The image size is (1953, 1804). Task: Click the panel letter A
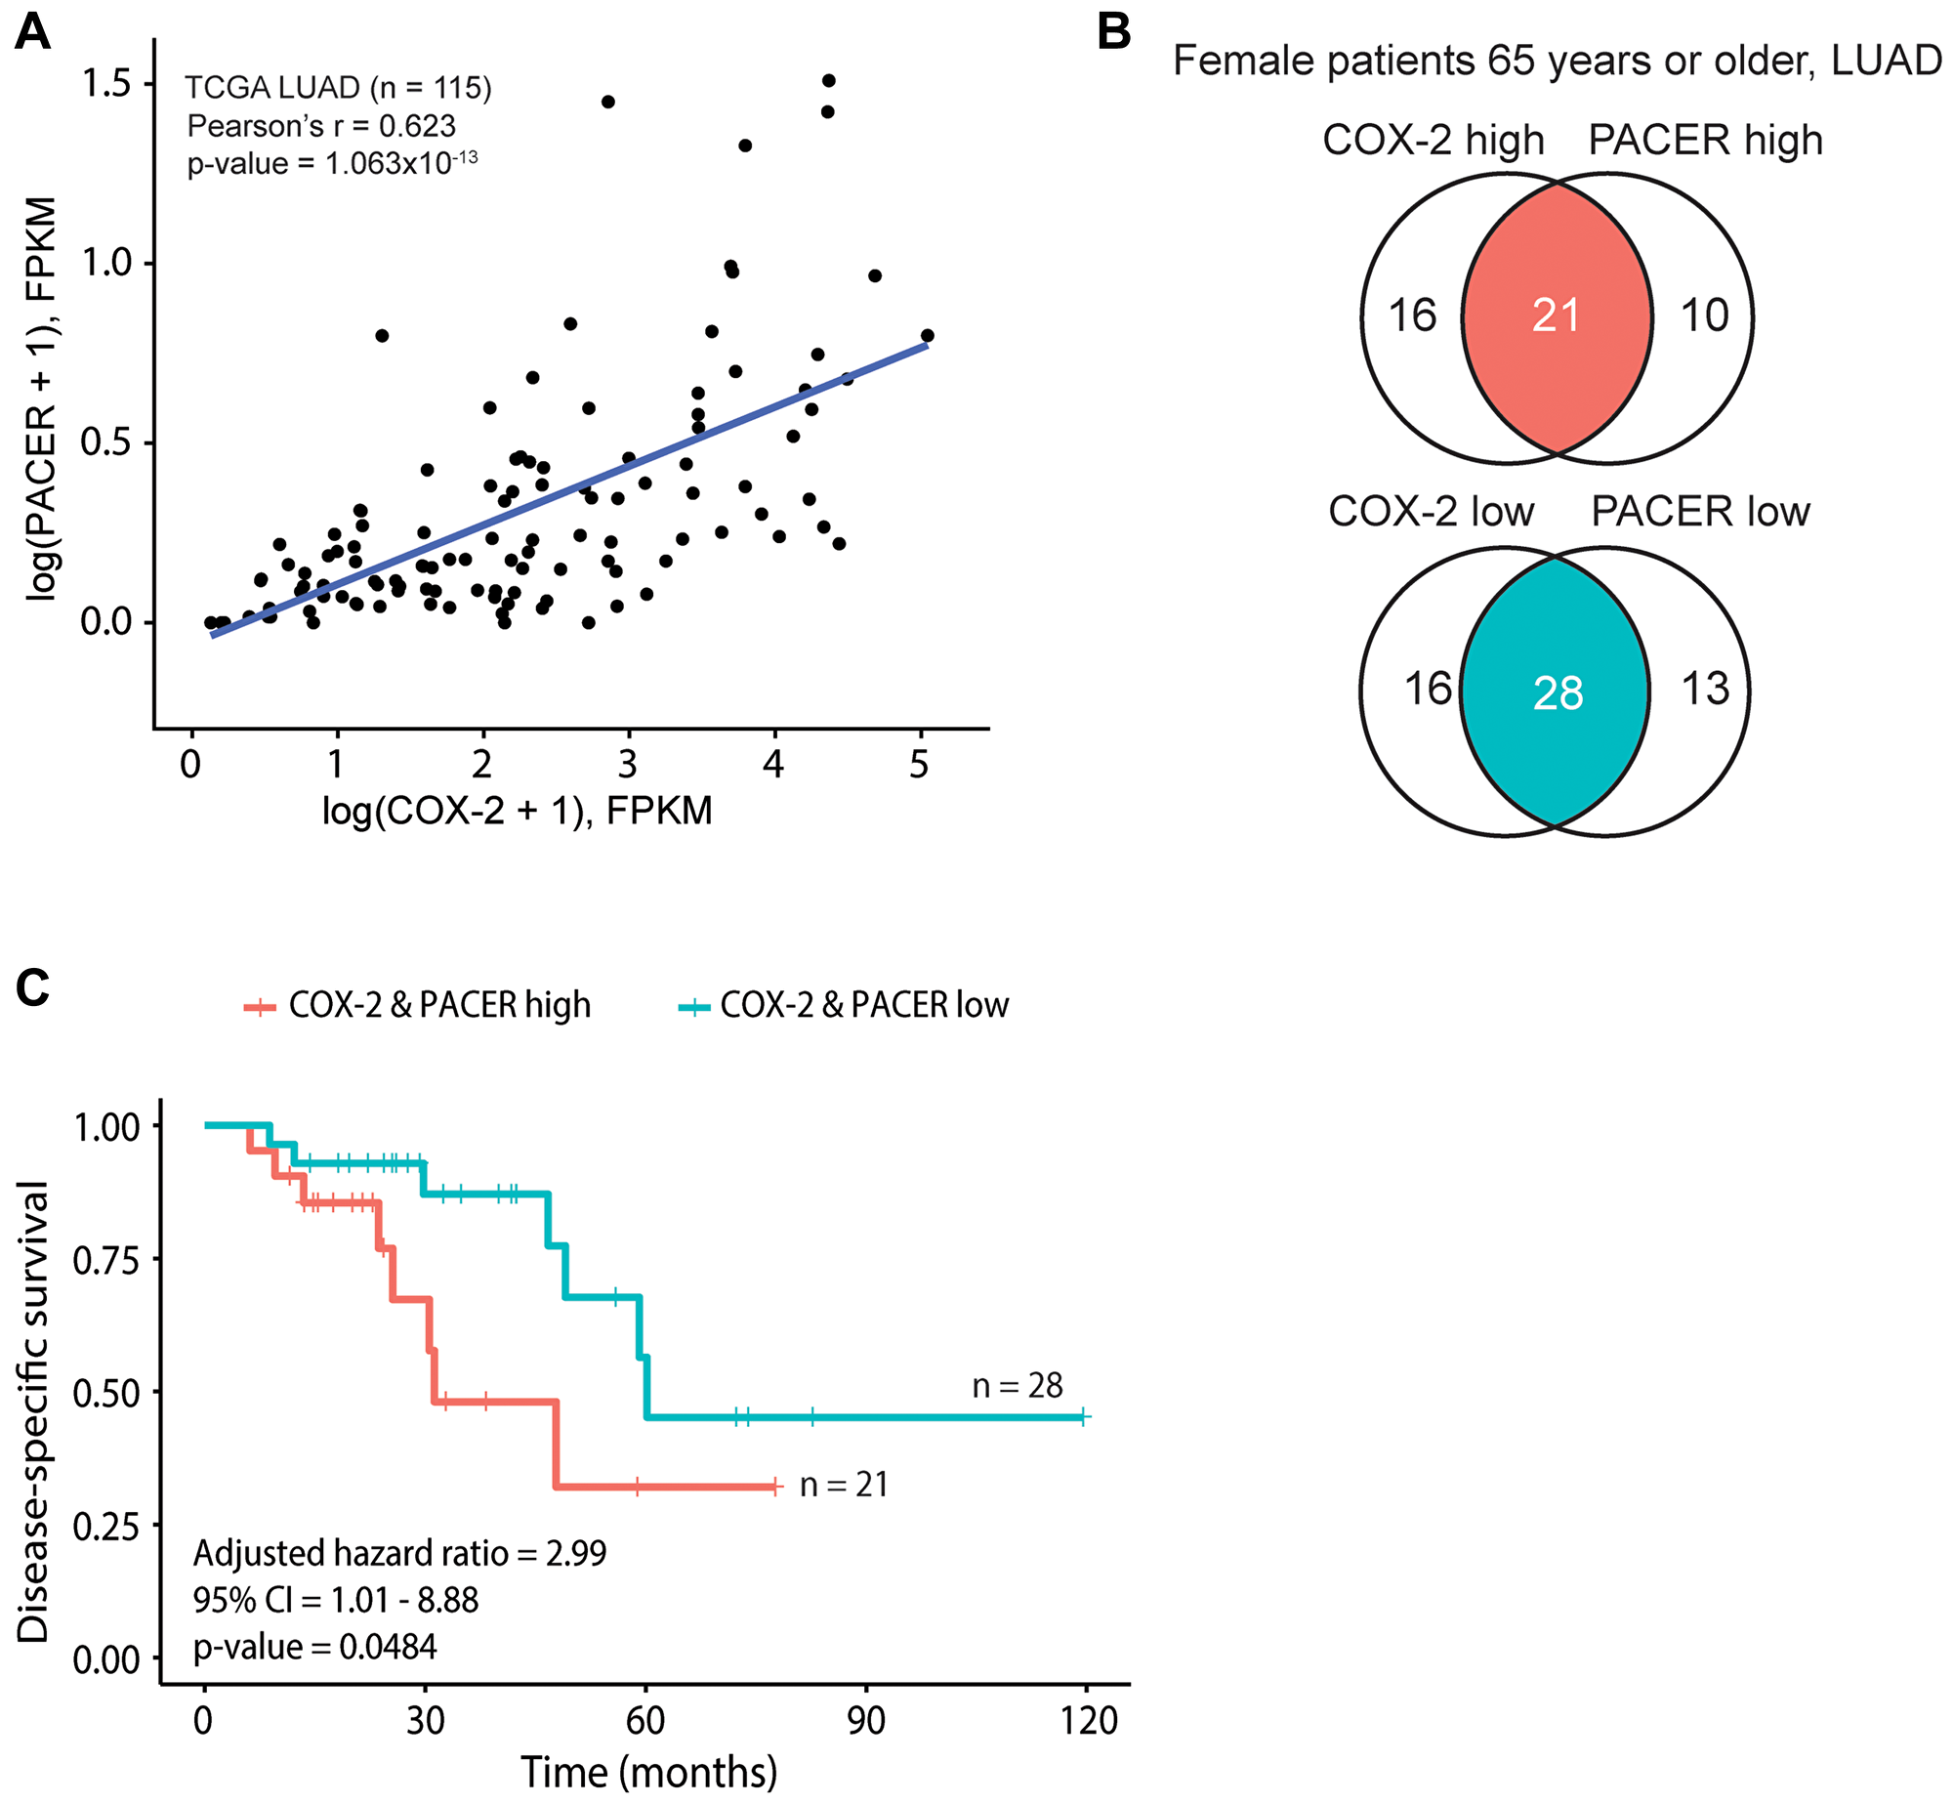32,32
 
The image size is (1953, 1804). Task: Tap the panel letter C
32,987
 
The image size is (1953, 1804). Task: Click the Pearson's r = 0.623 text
321,126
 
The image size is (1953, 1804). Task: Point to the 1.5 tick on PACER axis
105,84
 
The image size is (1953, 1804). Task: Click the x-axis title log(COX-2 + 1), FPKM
517,811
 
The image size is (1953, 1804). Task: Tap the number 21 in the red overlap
1556,315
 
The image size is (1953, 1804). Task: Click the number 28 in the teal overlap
1558,693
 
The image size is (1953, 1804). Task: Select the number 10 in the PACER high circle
1705,315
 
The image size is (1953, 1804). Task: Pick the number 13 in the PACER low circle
1705,689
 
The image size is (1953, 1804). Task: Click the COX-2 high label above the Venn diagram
1434,140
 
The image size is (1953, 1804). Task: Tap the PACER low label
1700,512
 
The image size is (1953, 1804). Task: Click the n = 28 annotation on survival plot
1017,1385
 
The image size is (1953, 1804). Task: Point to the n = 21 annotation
844,1485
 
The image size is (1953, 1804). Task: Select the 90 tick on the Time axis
865,1720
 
